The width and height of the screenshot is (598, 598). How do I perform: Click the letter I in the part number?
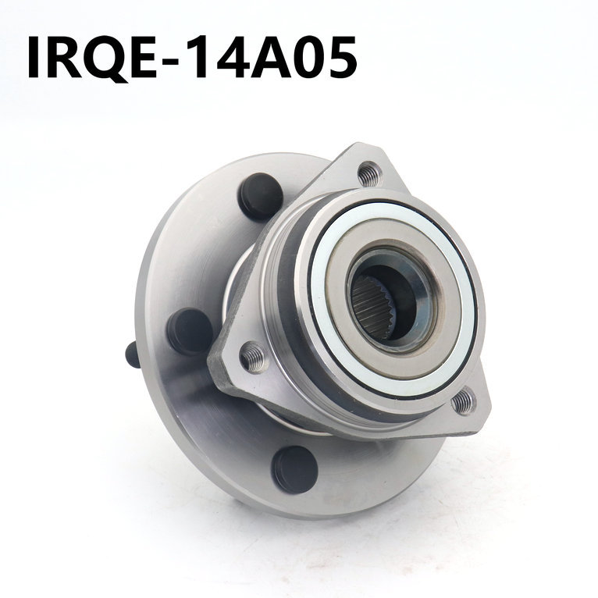(34, 57)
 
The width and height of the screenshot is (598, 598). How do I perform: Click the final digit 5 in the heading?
(341, 57)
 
